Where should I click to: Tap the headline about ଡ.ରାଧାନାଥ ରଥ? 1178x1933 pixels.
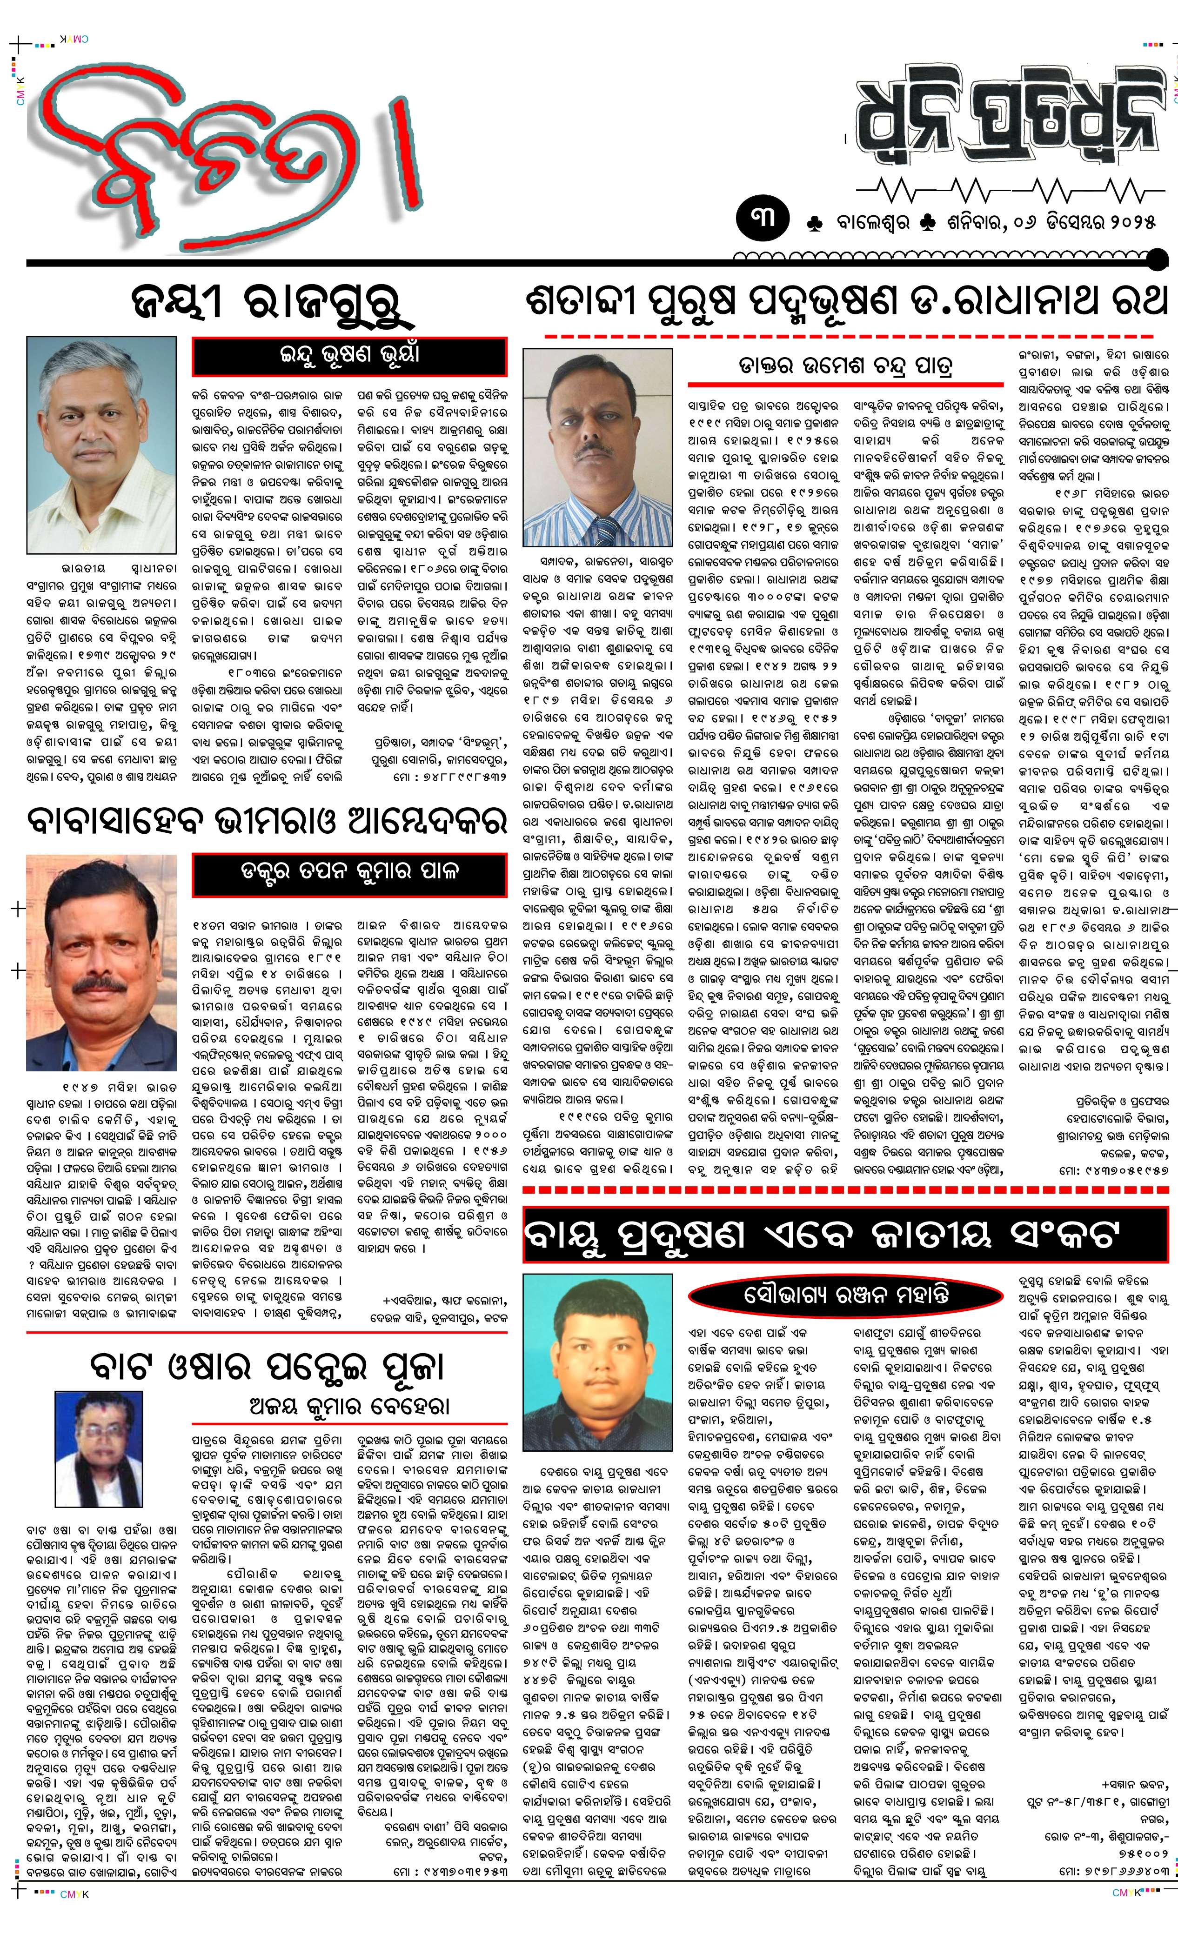[848, 301]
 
